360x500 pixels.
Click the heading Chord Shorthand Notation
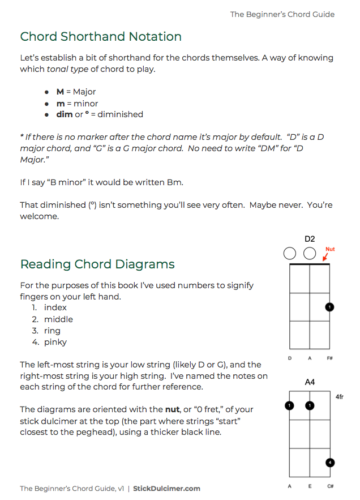[x=101, y=37]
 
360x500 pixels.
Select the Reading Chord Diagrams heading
[x=97, y=264]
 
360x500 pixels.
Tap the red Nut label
[x=330, y=249]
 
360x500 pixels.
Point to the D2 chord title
[x=310, y=239]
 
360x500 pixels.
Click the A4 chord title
[x=310, y=382]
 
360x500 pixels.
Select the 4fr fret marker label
[x=340, y=397]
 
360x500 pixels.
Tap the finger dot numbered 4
[x=330, y=463]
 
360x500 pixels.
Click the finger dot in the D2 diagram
[x=330, y=307]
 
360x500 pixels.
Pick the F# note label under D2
[x=330, y=358]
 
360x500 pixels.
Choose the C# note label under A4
[x=330, y=486]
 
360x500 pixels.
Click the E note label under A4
[x=310, y=486]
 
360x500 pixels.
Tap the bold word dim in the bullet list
[x=64, y=114]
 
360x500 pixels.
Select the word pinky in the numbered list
[x=55, y=342]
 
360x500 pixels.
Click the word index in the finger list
[x=55, y=307]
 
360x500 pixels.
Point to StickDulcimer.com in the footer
[x=166, y=488]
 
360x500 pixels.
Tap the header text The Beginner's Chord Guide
[x=282, y=14]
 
